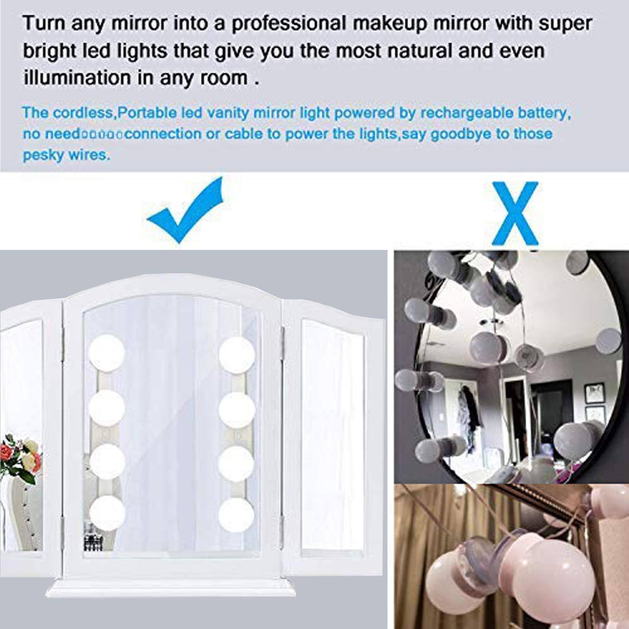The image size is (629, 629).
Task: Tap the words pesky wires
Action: [x=66, y=155]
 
